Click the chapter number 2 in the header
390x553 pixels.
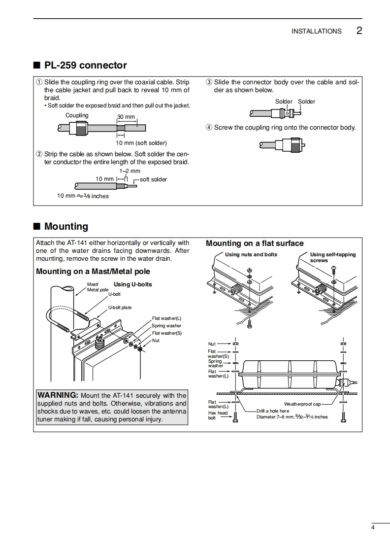click(359, 31)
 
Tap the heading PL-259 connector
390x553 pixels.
click(85, 65)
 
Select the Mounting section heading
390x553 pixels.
click(66, 226)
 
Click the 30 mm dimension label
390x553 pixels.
click(126, 117)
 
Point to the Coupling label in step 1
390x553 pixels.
click(77, 115)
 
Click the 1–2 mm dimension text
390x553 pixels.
click(130, 171)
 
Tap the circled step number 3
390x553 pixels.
click(209, 82)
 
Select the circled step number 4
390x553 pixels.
click(209, 128)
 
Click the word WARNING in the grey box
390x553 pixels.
click(58, 395)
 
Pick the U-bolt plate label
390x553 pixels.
click(120, 308)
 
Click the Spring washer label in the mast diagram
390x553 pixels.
click(166, 326)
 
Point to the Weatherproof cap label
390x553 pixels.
click(302, 404)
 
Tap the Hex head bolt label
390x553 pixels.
click(218, 415)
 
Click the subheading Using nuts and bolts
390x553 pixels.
click(251, 254)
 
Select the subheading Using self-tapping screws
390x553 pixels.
click(332, 257)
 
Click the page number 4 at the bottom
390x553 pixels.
click(373, 528)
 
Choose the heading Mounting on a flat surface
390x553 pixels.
click(255, 243)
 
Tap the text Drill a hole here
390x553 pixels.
click(273, 411)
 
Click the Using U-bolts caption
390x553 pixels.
click(132, 284)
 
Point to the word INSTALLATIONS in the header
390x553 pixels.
click(316, 31)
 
